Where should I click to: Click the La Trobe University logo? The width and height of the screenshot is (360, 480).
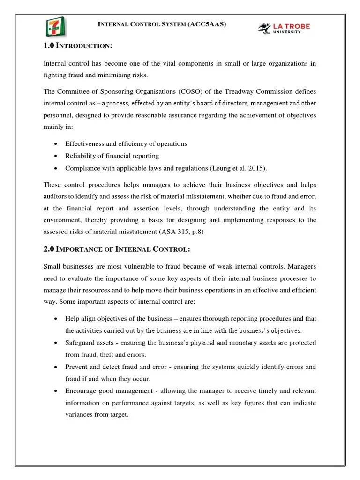284,28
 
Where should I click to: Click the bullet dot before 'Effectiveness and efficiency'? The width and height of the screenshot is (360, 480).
56,144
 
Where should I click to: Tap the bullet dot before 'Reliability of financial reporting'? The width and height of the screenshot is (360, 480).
56,156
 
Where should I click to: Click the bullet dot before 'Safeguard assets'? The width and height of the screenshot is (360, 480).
56,343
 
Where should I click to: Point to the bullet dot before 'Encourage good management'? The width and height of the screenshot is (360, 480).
56,391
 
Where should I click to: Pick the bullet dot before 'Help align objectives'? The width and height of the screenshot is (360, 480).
56,319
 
